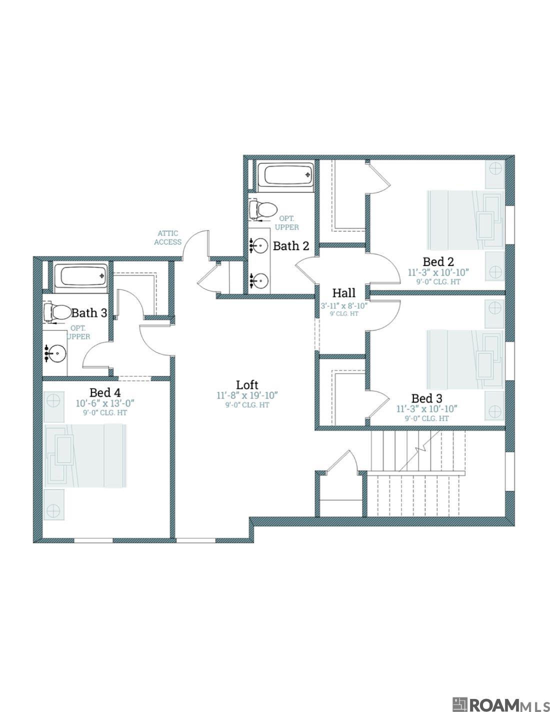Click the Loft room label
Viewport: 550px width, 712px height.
coord(247,384)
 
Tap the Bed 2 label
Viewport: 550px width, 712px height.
coord(438,261)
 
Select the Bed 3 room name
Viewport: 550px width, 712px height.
coord(426,398)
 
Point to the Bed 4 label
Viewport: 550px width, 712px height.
coord(105,392)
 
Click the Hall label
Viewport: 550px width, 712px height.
coord(344,293)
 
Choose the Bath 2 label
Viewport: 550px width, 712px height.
coord(291,246)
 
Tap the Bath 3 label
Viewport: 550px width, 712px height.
coord(89,313)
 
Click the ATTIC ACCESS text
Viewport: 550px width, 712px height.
coord(168,237)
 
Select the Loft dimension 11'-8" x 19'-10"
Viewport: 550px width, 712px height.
coord(247,395)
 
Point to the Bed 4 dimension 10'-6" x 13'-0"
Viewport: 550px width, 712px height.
coord(105,403)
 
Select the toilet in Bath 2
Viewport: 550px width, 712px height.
coord(263,209)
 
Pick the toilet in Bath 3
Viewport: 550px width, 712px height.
coord(56,312)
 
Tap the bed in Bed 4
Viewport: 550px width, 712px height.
coord(85,455)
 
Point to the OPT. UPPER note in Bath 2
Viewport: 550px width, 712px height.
coord(288,223)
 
